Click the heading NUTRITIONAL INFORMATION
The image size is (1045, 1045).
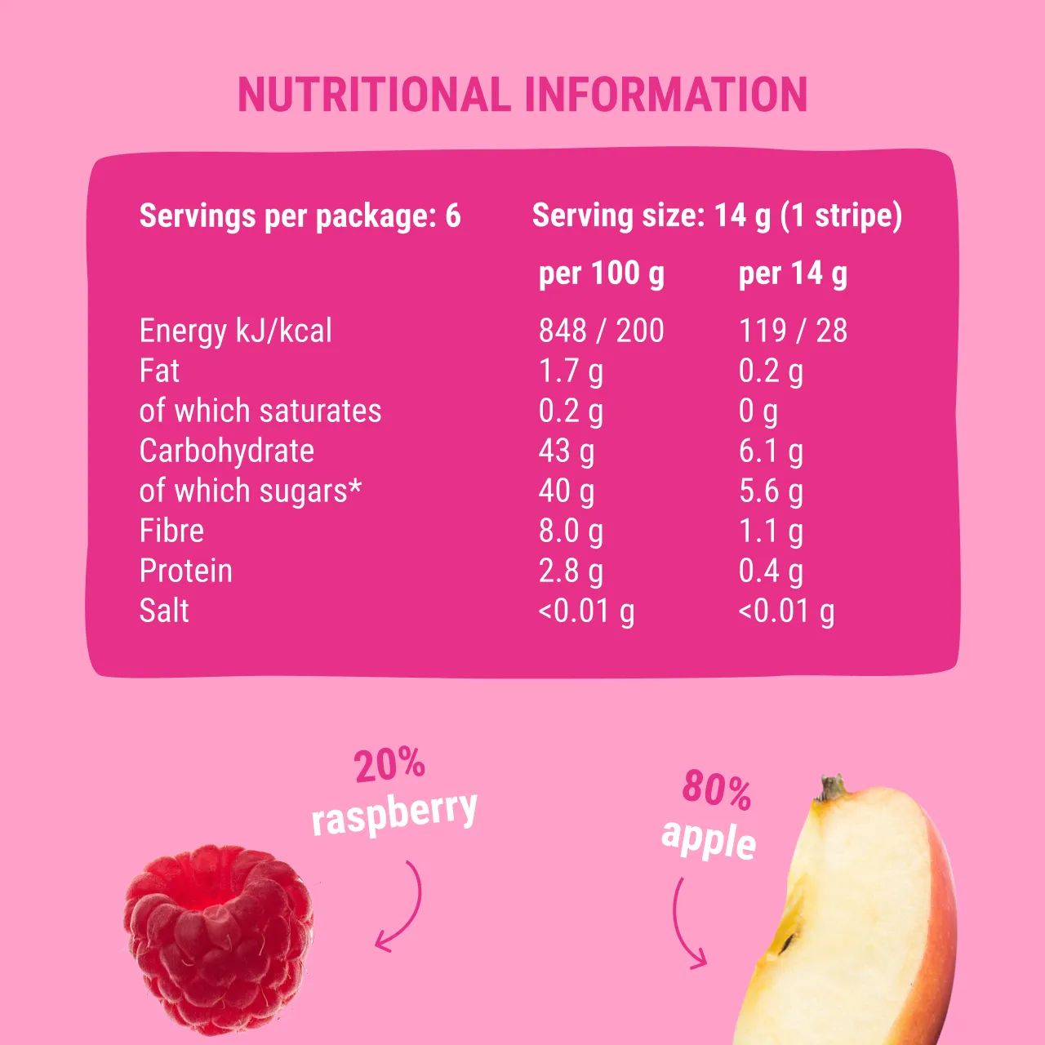[x=522, y=95]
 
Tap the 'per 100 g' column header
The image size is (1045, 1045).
[x=601, y=274]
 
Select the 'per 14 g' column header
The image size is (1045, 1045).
[x=793, y=274]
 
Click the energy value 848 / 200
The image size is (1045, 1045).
[x=601, y=331]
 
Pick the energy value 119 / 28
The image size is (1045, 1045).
[x=793, y=331]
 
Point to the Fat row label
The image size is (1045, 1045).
[x=159, y=371]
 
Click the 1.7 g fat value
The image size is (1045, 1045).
[x=571, y=371]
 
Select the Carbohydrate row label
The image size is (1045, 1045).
[x=227, y=451]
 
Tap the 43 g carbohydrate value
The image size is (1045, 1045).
[x=567, y=451]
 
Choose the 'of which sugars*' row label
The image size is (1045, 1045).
[x=250, y=491]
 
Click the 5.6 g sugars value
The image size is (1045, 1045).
[x=771, y=491]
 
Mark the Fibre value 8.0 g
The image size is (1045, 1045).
[x=571, y=531]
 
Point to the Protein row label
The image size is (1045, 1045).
[x=186, y=571]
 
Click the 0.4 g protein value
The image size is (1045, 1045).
[x=771, y=571]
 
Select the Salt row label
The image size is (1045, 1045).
[x=164, y=611]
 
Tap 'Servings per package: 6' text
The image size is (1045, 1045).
[x=300, y=216]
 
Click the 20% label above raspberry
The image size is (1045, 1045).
[x=389, y=765]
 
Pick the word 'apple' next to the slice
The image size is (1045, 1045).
[x=709, y=838]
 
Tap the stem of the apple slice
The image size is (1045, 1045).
[x=832, y=788]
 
